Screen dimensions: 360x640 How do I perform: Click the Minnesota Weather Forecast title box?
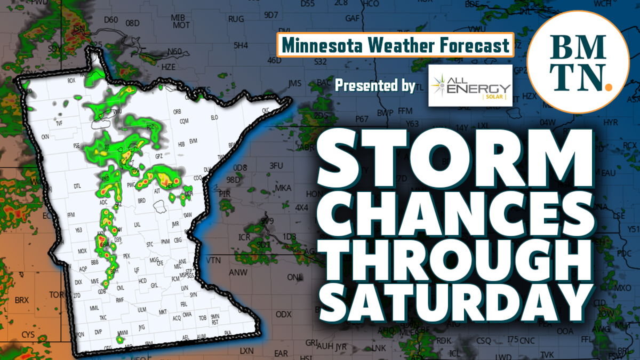point(395,45)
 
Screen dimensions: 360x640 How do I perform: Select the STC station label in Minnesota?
point(149,243)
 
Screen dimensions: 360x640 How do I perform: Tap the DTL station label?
point(77,186)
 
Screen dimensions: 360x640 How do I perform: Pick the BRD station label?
point(141,201)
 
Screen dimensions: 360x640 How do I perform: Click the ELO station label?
point(215,117)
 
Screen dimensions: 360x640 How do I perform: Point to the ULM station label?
point(142,309)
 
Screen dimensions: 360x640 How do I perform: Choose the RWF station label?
point(120,300)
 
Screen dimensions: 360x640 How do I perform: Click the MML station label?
point(94,308)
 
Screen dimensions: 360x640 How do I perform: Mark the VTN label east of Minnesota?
point(213,260)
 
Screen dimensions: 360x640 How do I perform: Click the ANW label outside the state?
point(234,273)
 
